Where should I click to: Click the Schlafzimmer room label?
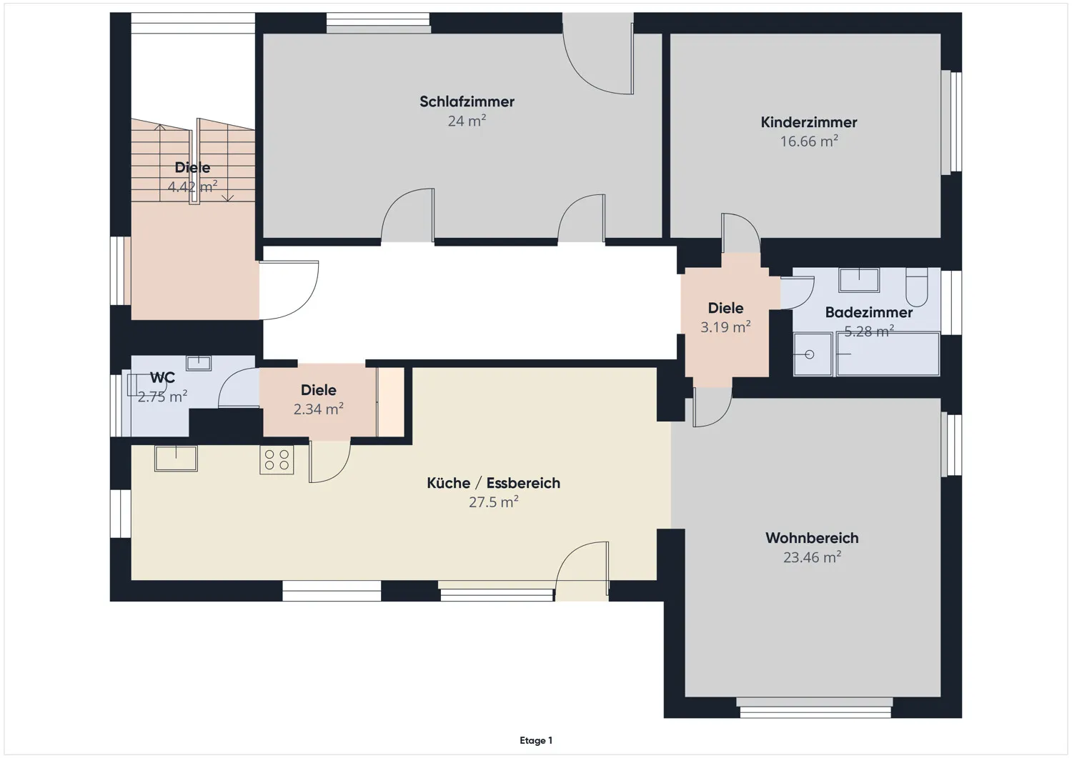467,101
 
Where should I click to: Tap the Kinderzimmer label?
808,122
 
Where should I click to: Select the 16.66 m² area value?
808,141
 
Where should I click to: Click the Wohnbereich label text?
812,538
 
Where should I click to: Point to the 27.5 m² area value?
493,502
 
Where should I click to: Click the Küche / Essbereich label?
493,483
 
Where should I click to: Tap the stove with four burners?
277,459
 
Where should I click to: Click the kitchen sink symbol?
176,458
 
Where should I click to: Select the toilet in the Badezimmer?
916,286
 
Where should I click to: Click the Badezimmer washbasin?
858,279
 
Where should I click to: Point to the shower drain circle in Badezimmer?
809,354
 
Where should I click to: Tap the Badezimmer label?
868,312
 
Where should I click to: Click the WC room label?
162,378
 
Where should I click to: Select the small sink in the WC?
199,363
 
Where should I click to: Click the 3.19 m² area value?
725,327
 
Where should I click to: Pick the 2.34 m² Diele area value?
318,409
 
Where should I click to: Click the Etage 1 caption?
535,741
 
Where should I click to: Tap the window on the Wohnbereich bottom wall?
814,707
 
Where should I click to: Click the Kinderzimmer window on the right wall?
951,121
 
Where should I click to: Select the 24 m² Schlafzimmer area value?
467,121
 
